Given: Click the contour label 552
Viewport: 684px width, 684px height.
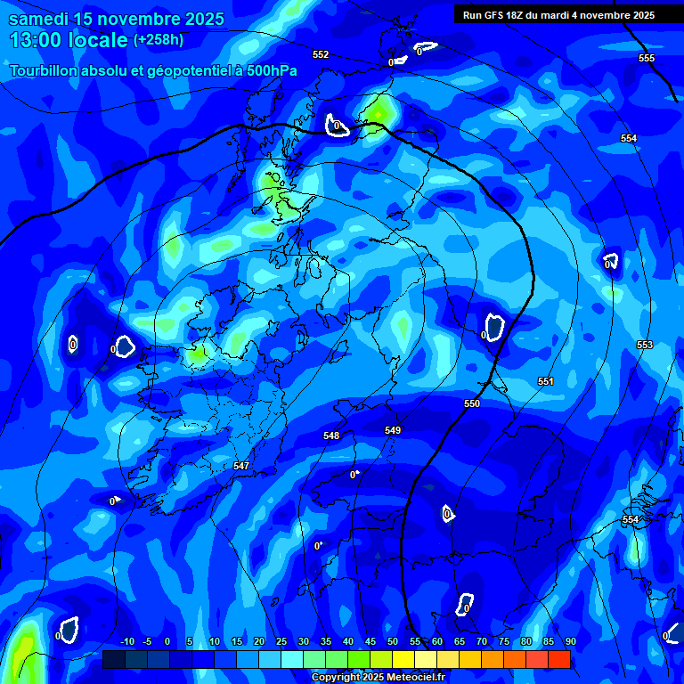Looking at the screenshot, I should click(x=321, y=54).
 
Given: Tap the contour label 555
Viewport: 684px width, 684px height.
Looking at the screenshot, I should click(x=647, y=58).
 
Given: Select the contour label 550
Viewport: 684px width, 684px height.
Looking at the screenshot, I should click(x=472, y=403).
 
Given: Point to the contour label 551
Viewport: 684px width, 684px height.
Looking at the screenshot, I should click(x=546, y=381).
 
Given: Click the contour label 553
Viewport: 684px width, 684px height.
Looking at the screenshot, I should click(x=645, y=345).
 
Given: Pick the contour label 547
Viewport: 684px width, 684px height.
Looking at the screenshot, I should click(x=241, y=466).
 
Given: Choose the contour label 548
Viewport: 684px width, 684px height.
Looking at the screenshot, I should click(x=331, y=436).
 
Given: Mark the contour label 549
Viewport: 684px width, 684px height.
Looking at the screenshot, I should click(x=393, y=430).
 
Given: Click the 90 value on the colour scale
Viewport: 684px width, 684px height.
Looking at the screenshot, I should click(x=570, y=641).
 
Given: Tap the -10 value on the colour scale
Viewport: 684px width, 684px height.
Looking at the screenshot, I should click(x=126, y=641).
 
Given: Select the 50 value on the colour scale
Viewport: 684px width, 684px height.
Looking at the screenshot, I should click(x=393, y=641).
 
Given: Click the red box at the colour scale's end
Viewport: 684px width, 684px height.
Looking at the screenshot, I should click(x=558, y=659).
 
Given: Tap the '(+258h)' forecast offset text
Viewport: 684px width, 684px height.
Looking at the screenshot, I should click(x=158, y=40).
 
